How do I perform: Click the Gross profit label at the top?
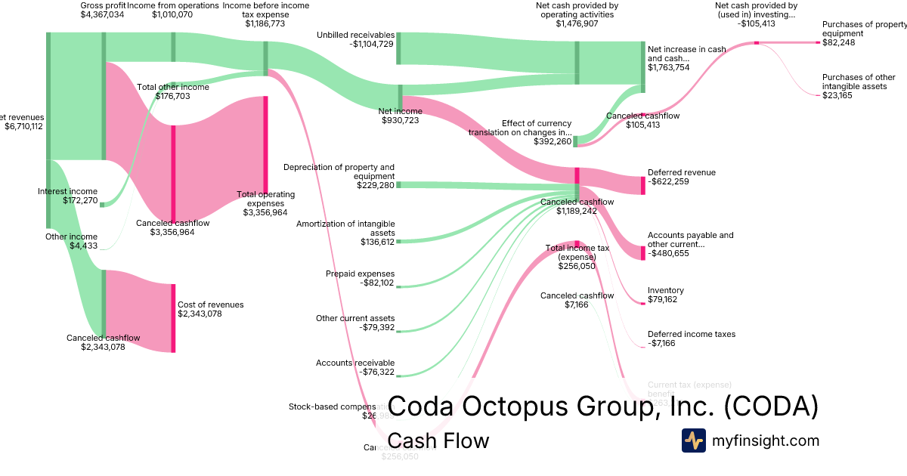point(103,5)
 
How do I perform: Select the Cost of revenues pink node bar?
point(173,317)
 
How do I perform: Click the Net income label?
point(400,111)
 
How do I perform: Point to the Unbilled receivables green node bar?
point(398,48)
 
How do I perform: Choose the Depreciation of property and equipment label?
point(339,172)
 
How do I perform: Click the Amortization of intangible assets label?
point(345,228)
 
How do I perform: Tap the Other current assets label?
point(355,318)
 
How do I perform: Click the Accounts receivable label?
point(355,363)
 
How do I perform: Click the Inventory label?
point(665,290)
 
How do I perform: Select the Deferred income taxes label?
point(691,334)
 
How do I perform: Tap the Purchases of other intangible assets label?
point(859,82)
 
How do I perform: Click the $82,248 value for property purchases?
point(839,43)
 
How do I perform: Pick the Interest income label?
point(67,191)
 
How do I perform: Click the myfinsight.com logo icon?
point(693,440)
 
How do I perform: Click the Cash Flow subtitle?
point(438,440)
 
